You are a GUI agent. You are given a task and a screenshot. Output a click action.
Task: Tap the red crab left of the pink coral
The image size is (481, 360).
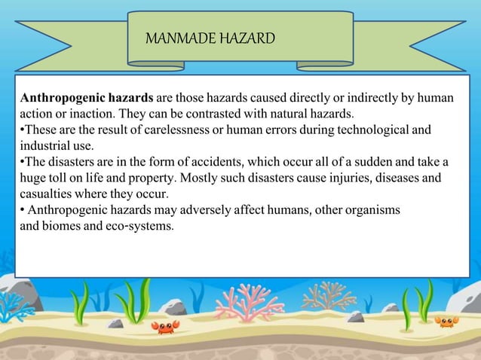165,326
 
